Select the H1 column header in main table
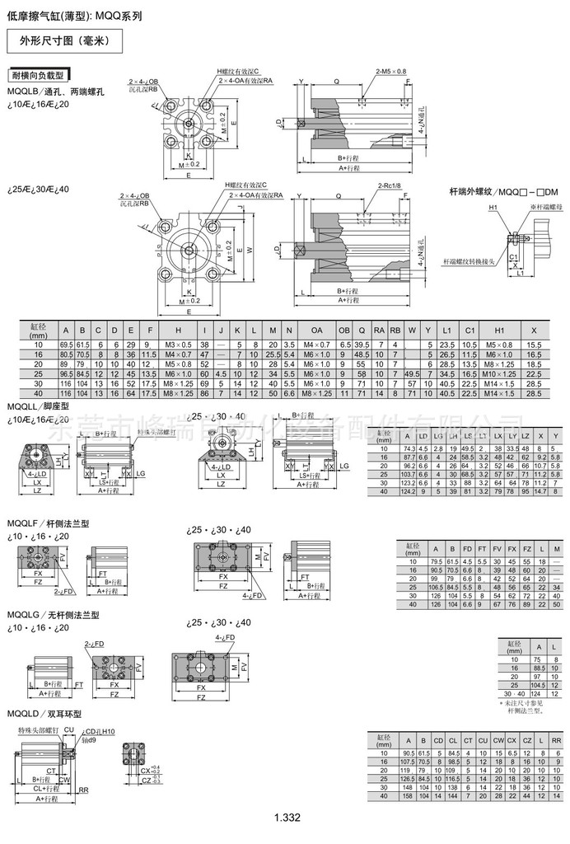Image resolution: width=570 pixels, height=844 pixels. pos(494,330)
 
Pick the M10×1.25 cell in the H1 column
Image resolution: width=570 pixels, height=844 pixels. pos(494,373)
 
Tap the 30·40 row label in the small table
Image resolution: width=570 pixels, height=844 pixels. pos(515,695)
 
